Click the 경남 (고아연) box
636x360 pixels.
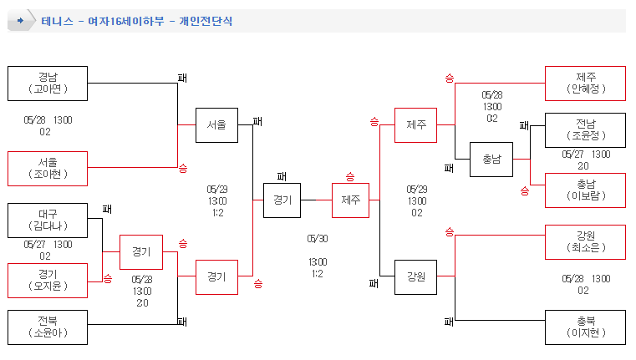point(48,83)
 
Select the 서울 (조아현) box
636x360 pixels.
point(48,168)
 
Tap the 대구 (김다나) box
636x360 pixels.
point(48,220)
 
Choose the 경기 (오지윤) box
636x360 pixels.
point(48,280)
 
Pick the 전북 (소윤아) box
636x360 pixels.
point(48,327)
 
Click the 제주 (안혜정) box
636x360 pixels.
point(585,83)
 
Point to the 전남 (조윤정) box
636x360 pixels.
point(585,129)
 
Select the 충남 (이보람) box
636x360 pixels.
point(585,190)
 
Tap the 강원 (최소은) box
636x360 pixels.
point(585,241)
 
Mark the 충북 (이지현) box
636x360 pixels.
point(585,327)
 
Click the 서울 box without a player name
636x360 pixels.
point(216,125)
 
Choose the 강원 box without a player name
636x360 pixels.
point(416,277)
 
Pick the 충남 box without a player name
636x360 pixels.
point(491,159)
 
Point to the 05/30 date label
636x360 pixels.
point(318,237)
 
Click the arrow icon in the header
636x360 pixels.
point(21,21)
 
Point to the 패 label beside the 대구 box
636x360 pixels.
point(107,209)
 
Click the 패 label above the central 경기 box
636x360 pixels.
point(282,176)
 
